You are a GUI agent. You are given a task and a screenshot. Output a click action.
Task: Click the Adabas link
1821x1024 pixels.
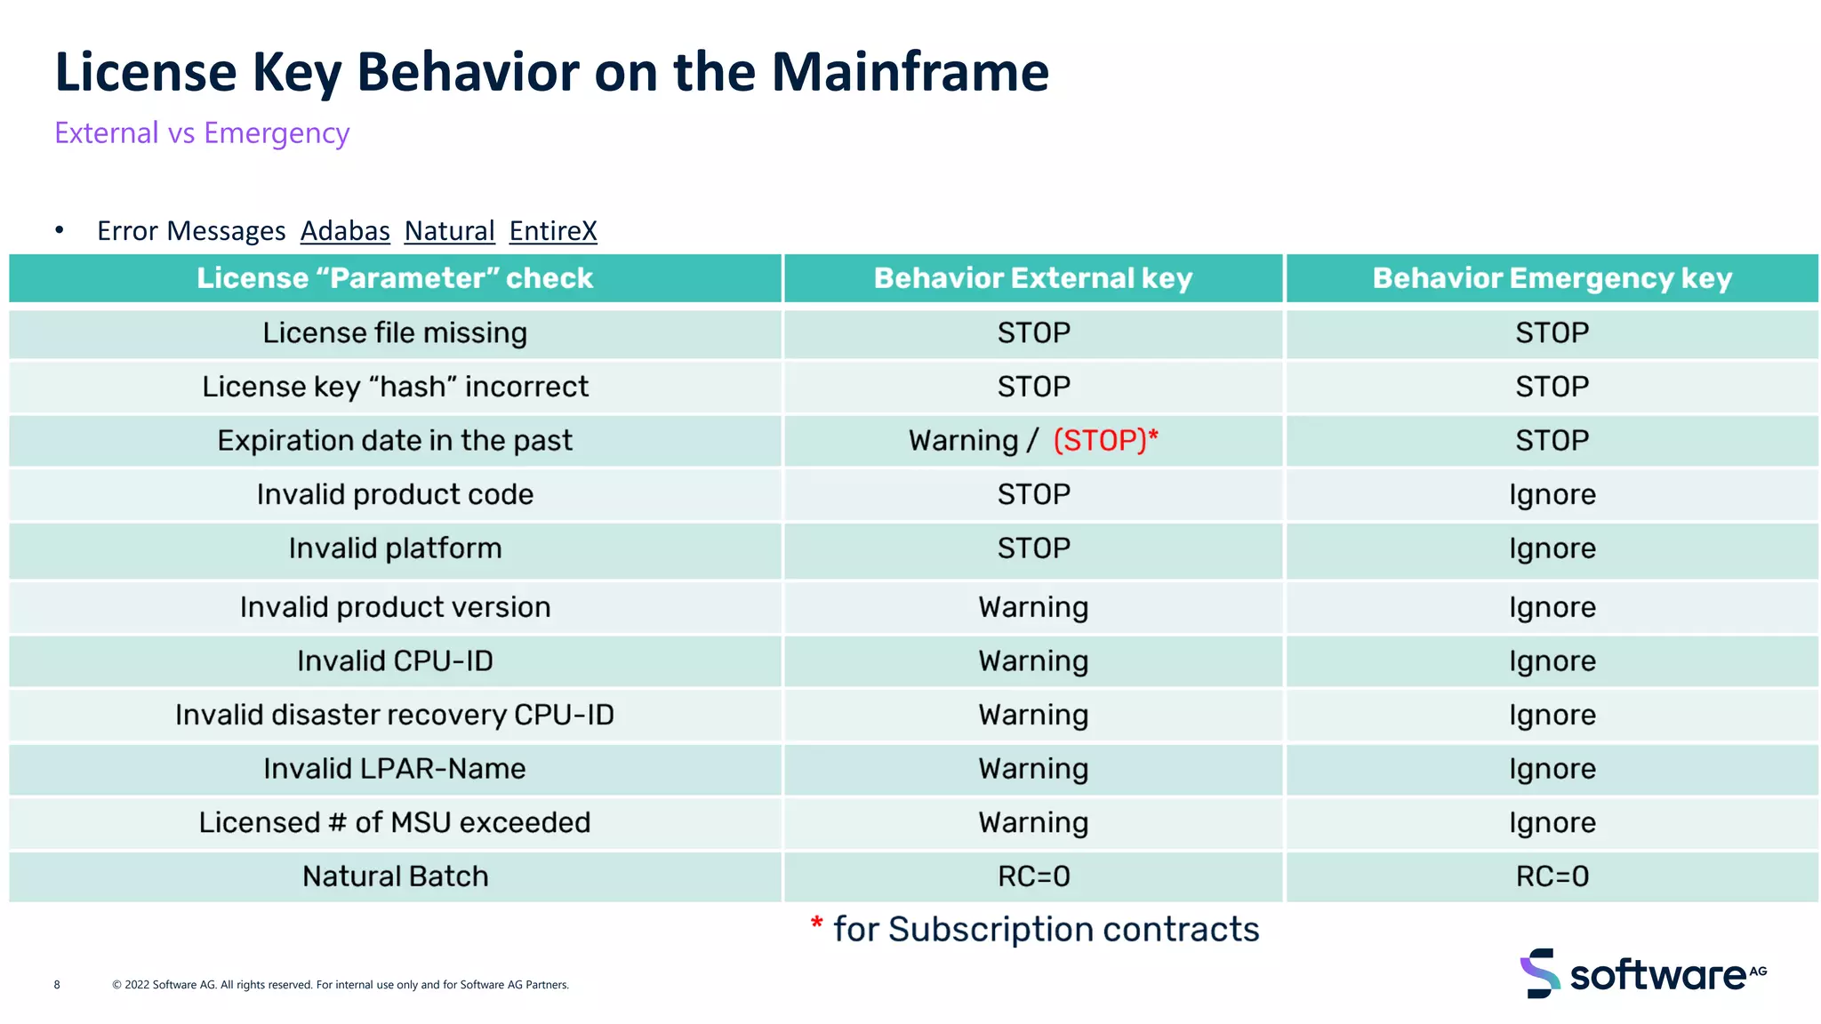coord(345,231)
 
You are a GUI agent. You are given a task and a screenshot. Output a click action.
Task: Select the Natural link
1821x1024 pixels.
coord(449,231)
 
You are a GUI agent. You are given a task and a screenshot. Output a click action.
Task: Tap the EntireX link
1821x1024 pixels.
coord(552,231)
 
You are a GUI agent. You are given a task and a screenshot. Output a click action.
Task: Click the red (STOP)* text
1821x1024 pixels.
coord(1105,441)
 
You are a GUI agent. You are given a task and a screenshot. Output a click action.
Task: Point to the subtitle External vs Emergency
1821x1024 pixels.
coord(202,133)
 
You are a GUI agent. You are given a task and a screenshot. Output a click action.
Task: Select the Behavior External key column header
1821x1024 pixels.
coord(1032,278)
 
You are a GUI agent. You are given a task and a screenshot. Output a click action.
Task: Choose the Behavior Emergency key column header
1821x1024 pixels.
coord(1552,278)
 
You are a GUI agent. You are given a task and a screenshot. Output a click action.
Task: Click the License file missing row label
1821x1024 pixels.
coord(395,333)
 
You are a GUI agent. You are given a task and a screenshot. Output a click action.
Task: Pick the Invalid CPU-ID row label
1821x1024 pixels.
coord(395,661)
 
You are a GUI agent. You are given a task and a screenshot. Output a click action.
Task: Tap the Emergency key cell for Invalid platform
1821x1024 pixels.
coord(1552,549)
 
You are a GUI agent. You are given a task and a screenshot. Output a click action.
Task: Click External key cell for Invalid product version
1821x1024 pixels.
coord(1032,608)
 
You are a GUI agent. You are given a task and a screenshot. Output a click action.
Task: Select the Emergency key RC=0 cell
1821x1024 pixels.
coord(1552,876)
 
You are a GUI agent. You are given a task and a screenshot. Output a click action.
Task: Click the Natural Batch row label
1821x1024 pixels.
coord(395,876)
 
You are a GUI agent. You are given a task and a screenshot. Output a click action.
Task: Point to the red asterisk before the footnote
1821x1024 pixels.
coord(816,924)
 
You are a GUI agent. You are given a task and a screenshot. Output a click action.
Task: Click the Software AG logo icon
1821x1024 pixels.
coord(1539,973)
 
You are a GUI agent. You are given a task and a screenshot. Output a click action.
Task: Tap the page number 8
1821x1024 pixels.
coord(57,985)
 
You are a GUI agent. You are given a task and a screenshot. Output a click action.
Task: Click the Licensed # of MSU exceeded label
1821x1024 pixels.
coord(395,823)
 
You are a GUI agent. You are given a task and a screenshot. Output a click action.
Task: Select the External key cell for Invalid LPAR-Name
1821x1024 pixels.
coord(1032,769)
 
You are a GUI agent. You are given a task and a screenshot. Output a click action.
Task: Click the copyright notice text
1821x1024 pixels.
coord(340,985)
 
